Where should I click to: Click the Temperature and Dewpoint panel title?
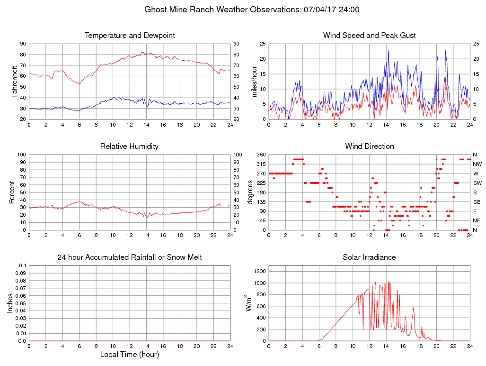tap(130, 36)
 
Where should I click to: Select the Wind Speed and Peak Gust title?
tap(370, 36)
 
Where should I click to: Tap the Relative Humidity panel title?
tap(130, 146)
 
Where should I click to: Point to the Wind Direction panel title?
tap(370, 146)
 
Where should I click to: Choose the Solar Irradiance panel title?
tap(370, 257)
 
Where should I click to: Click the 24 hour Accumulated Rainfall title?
tap(130, 257)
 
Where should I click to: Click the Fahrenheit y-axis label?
tap(15, 82)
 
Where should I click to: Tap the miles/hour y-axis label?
tap(255, 82)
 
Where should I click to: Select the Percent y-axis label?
tap(12, 192)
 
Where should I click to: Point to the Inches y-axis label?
tap(10, 303)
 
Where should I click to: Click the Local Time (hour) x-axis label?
tap(130, 355)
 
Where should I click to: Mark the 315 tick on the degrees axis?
tap(261, 164)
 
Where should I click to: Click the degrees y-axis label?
tap(250, 192)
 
